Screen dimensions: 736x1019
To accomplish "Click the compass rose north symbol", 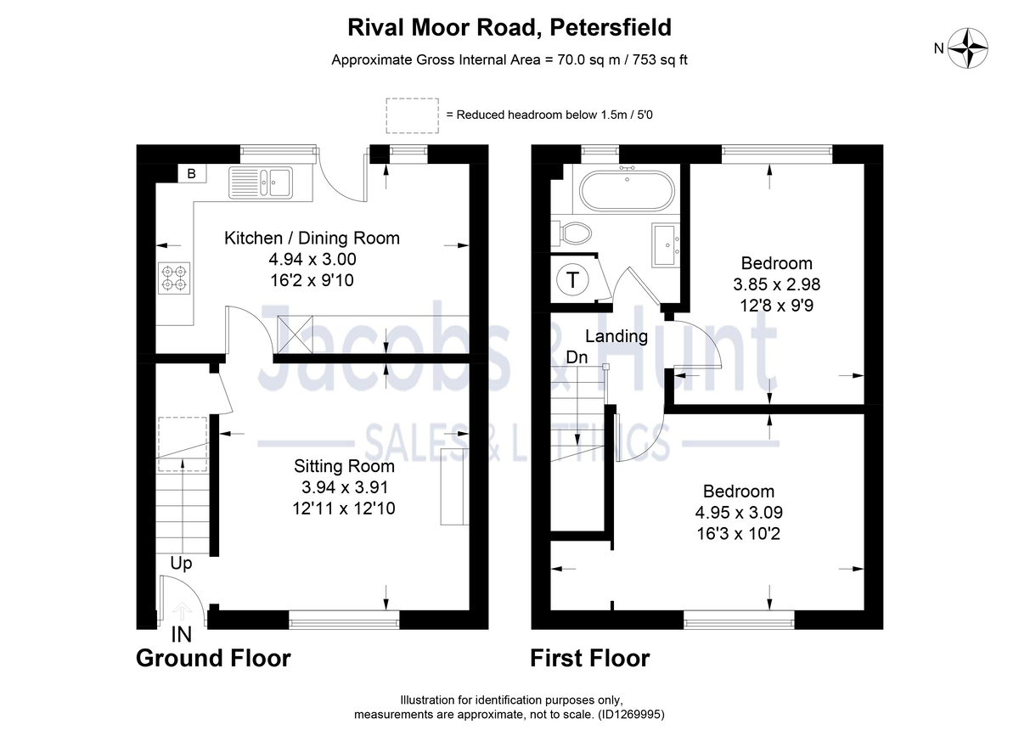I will click(969, 48).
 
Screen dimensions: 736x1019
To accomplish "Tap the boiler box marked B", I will click(191, 174).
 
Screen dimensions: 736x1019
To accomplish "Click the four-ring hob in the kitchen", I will click(174, 278).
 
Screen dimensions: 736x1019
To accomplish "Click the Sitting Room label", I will click(344, 466).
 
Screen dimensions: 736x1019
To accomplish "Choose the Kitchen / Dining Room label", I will click(312, 239).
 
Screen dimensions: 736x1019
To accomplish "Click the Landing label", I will click(616, 336).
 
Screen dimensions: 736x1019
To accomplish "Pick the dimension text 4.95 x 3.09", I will click(738, 513).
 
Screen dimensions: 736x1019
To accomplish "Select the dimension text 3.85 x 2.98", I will click(776, 284).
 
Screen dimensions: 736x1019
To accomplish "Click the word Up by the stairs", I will click(181, 564).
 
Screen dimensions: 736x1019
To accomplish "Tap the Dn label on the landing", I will click(577, 358).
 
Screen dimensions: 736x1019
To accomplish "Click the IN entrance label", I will click(181, 634).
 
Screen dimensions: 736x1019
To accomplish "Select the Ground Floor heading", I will click(213, 658).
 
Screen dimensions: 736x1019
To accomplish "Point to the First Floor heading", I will click(590, 658).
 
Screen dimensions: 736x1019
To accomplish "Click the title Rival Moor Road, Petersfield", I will click(509, 27).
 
